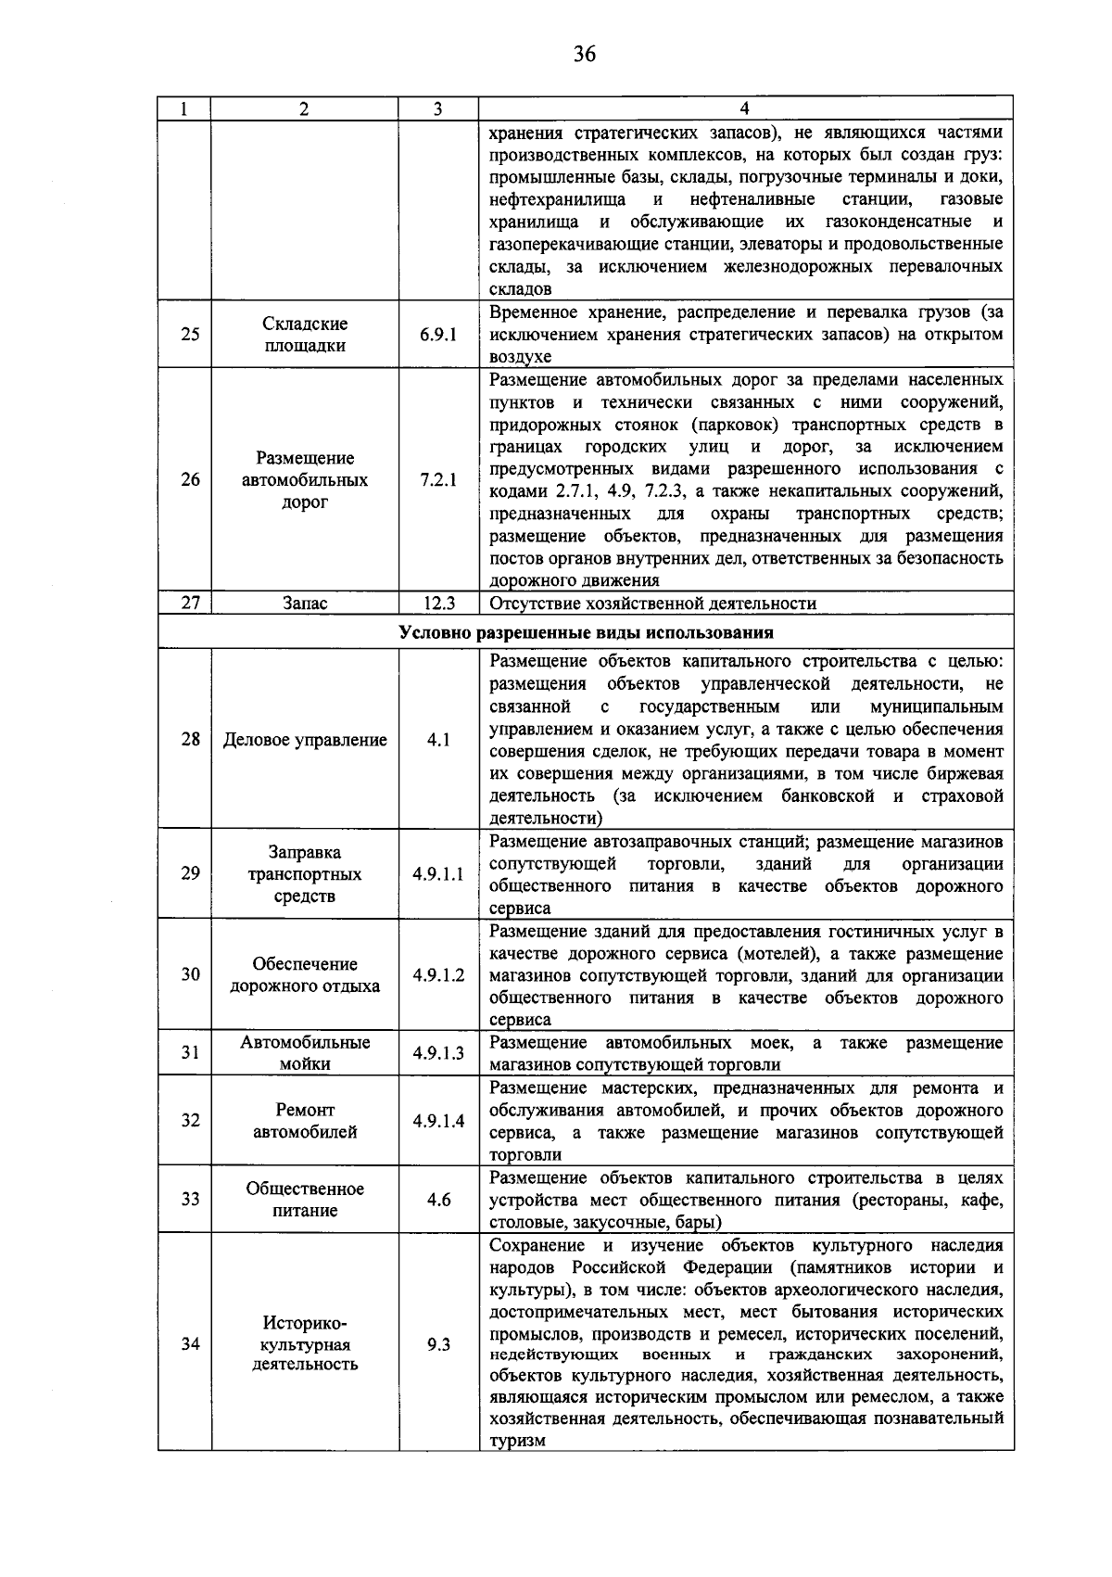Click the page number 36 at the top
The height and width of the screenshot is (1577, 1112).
click(x=584, y=54)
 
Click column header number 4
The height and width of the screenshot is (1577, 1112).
click(x=745, y=108)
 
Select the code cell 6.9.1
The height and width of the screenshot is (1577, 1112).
click(x=437, y=335)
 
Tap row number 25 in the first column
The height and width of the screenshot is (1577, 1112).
click(x=190, y=335)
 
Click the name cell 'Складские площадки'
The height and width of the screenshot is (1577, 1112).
click(x=305, y=335)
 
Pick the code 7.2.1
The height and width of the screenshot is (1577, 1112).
click(x=437, y=480)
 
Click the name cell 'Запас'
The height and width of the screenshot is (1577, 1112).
click(x=305, y=604)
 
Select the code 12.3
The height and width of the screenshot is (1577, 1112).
click(x=438, y=604)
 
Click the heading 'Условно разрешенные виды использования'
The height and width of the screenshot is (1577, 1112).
click(x=586, y=633)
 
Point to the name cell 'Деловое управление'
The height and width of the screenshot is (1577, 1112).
click(x=305, y=740)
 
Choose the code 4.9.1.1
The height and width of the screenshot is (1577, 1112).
click(x=438, y=874)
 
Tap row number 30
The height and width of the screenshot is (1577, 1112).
click(x=190, y=974)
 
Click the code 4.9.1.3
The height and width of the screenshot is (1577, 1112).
click(x=438, y=1053)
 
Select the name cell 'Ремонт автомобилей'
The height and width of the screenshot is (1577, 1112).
click(x=305, y=1121)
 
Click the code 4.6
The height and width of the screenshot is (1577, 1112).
click(x=438, y=1200)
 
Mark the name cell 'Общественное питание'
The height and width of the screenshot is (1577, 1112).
click(x=305, y=1200)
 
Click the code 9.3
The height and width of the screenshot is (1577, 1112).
click(x=438, y=1343)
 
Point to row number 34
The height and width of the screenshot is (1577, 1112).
click(x=190, y=1343)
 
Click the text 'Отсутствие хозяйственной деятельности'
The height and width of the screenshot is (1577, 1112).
click(x=652, y=604)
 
